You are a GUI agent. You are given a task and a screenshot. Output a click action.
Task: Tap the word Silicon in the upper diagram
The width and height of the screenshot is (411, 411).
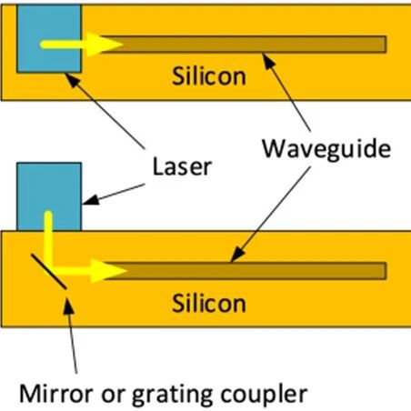209,76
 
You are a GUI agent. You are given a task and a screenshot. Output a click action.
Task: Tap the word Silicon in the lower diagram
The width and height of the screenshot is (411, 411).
209,303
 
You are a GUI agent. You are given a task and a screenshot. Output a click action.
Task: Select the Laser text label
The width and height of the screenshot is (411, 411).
182,166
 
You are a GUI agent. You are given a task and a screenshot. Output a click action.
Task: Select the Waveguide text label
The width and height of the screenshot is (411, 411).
326,149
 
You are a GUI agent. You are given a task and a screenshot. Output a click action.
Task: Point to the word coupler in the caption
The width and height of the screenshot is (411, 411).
264,395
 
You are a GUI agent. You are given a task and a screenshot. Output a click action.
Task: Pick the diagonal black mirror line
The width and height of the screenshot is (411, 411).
48,272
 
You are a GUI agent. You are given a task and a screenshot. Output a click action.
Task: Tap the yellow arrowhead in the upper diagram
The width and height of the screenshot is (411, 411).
103,45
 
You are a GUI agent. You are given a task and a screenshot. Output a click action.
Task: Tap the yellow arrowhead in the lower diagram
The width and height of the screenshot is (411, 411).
107,271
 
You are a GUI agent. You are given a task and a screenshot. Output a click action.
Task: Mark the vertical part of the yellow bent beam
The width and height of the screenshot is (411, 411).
48,239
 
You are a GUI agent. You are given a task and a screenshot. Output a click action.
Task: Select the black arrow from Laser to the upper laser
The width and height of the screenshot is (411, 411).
105,111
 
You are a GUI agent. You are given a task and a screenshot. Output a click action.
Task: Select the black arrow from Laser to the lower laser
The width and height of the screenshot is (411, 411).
114,194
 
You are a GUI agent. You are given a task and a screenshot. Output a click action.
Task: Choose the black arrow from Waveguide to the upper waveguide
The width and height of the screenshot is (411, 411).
286,92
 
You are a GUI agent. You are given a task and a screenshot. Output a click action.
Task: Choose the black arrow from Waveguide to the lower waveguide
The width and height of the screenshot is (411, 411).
271,214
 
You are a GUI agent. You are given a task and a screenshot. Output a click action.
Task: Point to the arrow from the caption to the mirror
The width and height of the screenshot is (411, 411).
72,336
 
